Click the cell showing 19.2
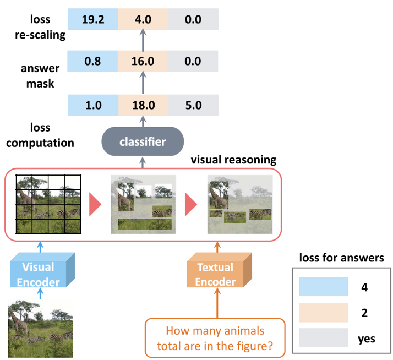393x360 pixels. click(92, 20)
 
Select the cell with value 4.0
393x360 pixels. click(143, 20)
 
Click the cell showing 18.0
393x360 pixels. click(143, 105)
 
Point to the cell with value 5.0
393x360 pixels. click(193, 105)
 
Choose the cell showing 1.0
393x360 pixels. click(92, 105)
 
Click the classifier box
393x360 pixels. click(143, 142)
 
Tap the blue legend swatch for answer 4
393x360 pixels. click(324, 286)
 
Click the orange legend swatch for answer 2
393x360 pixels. click(324, 312)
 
